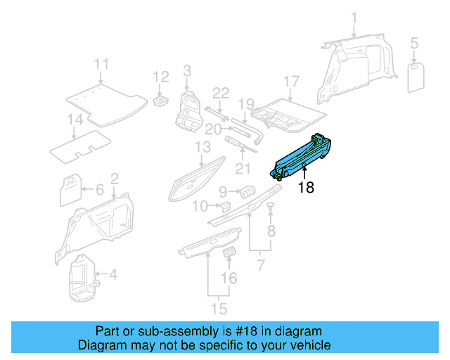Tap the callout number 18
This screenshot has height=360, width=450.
point(306,188)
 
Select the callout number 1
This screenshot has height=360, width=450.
point(354,18)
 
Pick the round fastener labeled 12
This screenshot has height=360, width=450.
point(160,101)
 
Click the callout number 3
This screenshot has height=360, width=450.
point(187,70)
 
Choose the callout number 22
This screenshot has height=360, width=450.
point(221,93)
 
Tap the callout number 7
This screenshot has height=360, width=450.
point(261,265)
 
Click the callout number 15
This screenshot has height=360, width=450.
point(220,307)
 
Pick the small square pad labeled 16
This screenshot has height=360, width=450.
point(229,253)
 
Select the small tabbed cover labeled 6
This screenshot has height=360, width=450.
point(70,188)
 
